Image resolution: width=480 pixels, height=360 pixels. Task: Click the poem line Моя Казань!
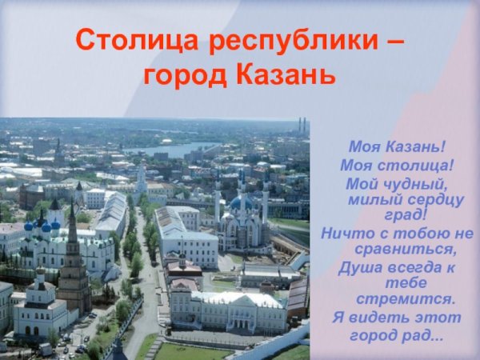coord(396,148)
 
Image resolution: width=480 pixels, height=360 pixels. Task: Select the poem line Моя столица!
coord(396,166)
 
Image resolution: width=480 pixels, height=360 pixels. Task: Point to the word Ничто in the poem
coord(345,233)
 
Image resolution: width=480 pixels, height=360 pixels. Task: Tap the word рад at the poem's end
coord(425,334)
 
